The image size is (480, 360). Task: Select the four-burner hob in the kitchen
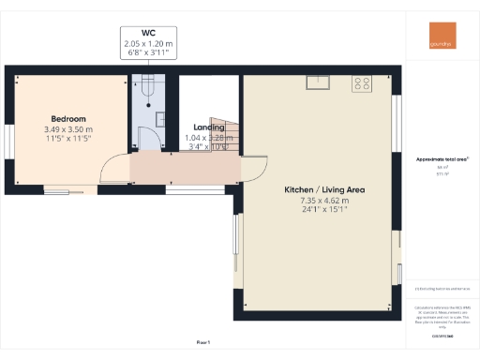click(361, 83)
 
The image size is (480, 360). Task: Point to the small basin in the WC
click(160, 118)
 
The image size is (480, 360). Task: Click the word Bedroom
click(68, 119)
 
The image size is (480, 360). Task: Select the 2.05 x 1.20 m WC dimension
click(149, 44)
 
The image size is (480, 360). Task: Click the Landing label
click(208, 127)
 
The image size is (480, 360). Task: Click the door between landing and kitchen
click(249, 170)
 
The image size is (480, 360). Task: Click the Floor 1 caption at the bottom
click(203, 343)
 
